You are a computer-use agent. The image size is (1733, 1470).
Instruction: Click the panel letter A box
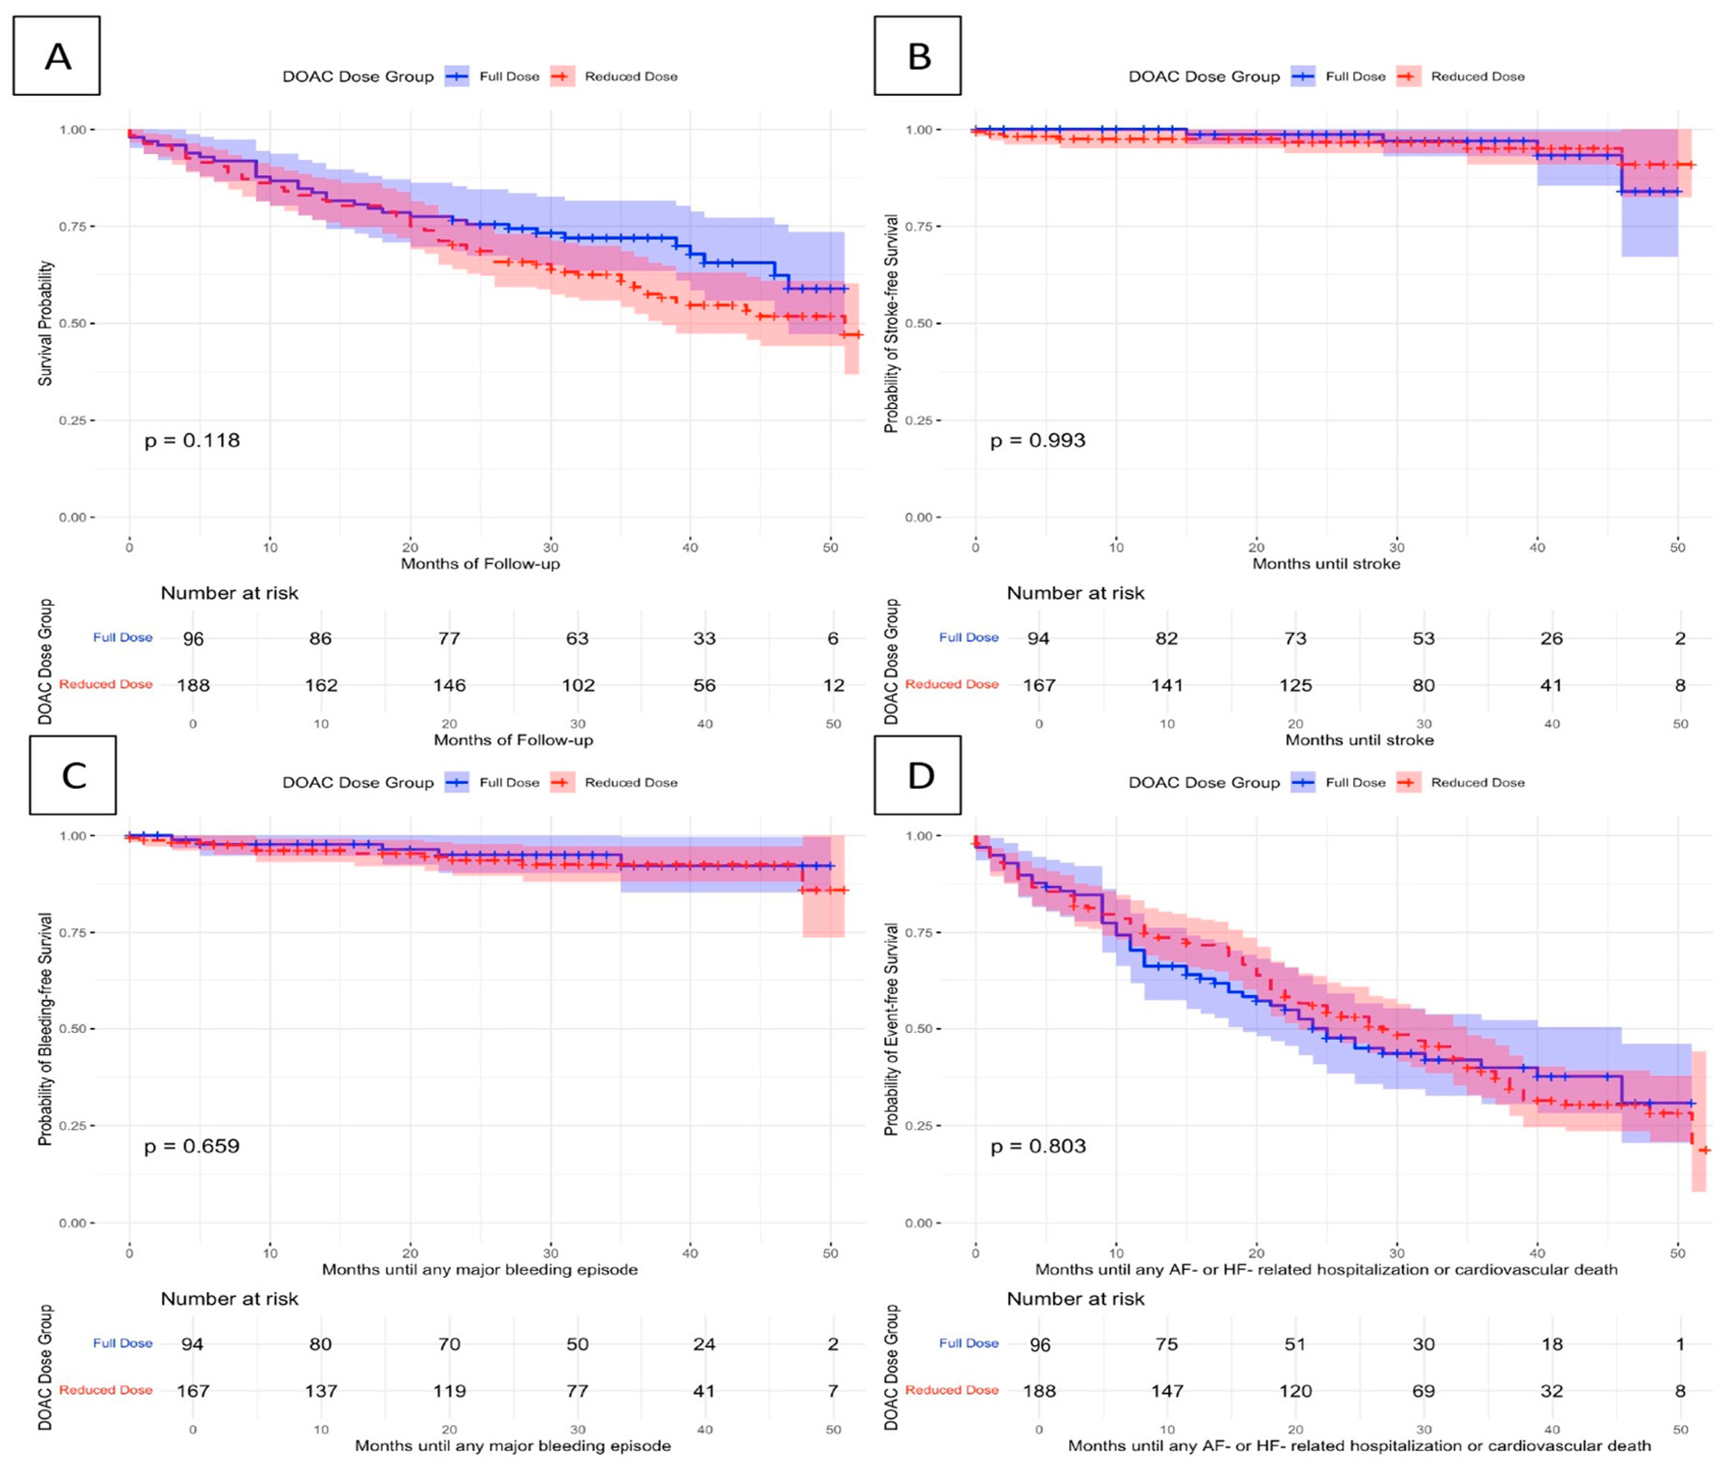(x=57, y=56)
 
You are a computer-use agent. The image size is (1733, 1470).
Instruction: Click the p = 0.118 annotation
(x=192, y=440)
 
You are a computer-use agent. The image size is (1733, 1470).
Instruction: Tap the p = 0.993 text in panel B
(x=1038, y=440)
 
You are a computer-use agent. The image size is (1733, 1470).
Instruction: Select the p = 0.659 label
(x=192, y=1146)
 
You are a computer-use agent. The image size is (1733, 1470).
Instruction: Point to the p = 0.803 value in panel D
(x=1038, y=1146)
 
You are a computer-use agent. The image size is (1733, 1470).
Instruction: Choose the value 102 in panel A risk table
(x=578, y=685)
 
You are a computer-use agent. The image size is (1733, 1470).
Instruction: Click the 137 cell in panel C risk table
(x=321, y=1391)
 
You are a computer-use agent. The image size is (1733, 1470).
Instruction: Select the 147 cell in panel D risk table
(x=1167, y=1391)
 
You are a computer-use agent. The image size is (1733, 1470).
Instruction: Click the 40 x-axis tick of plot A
(x=690, y=547)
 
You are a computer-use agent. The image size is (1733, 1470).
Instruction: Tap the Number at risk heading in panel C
(x=229, y=1298)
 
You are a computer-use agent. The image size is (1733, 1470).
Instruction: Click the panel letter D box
(x=918, y=775)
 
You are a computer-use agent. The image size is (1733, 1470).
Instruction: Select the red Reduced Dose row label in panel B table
(x=951, y=684)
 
